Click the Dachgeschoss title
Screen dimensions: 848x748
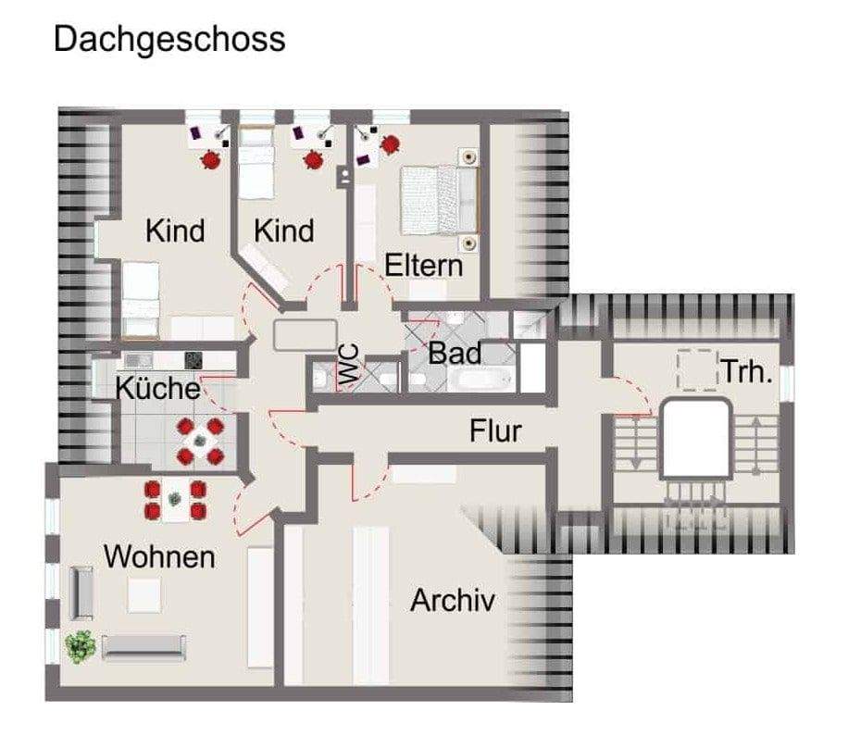tap(169, 40)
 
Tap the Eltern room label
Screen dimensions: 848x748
tap(423, 266)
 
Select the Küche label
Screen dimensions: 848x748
tap(157, 388)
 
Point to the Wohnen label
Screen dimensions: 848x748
tap(159, 557)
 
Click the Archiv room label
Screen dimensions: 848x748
tap(453, 601)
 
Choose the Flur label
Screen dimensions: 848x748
tap(495, 430)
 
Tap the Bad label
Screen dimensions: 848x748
tap(455, 353)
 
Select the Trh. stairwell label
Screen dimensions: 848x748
tap(747, 374)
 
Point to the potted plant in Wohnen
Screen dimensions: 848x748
tap(81, 645)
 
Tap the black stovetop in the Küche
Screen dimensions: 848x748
tap(194, 360)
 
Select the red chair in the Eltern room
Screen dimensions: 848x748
tap(392, 143)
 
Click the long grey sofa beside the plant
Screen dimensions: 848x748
tap(144, 647)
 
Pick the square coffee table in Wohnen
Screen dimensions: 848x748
tap(143, 594)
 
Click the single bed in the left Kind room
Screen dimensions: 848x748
tap(142, 298)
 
